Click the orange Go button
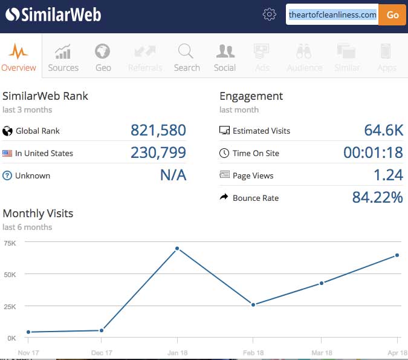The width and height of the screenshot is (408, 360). [392, 15]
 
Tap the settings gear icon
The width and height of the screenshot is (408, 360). [270, 15]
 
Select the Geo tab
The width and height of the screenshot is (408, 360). [103, 57]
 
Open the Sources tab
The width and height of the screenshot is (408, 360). [63, 57]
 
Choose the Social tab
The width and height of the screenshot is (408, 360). [225, 57]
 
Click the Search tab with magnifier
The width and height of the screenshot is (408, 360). [186, 57]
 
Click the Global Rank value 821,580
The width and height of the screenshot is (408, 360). [158, 131]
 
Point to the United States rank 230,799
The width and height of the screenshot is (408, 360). [158, 153]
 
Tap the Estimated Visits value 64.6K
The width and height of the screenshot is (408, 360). [383, 131]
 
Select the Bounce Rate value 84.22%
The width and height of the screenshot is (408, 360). [377, 198]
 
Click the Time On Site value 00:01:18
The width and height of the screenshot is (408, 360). [373, 153]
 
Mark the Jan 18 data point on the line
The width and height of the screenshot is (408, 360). [177, 249]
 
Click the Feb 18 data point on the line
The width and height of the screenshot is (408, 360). [253, 304]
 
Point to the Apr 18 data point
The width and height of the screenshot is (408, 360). [397, 255]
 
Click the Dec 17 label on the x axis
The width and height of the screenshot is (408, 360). [101, 353]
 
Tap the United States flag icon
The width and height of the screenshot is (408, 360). [8, 153]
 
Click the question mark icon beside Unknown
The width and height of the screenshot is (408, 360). [8, 175]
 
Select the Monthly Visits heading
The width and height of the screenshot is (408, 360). [38, 213]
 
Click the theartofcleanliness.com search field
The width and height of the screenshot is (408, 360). [332, 15]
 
